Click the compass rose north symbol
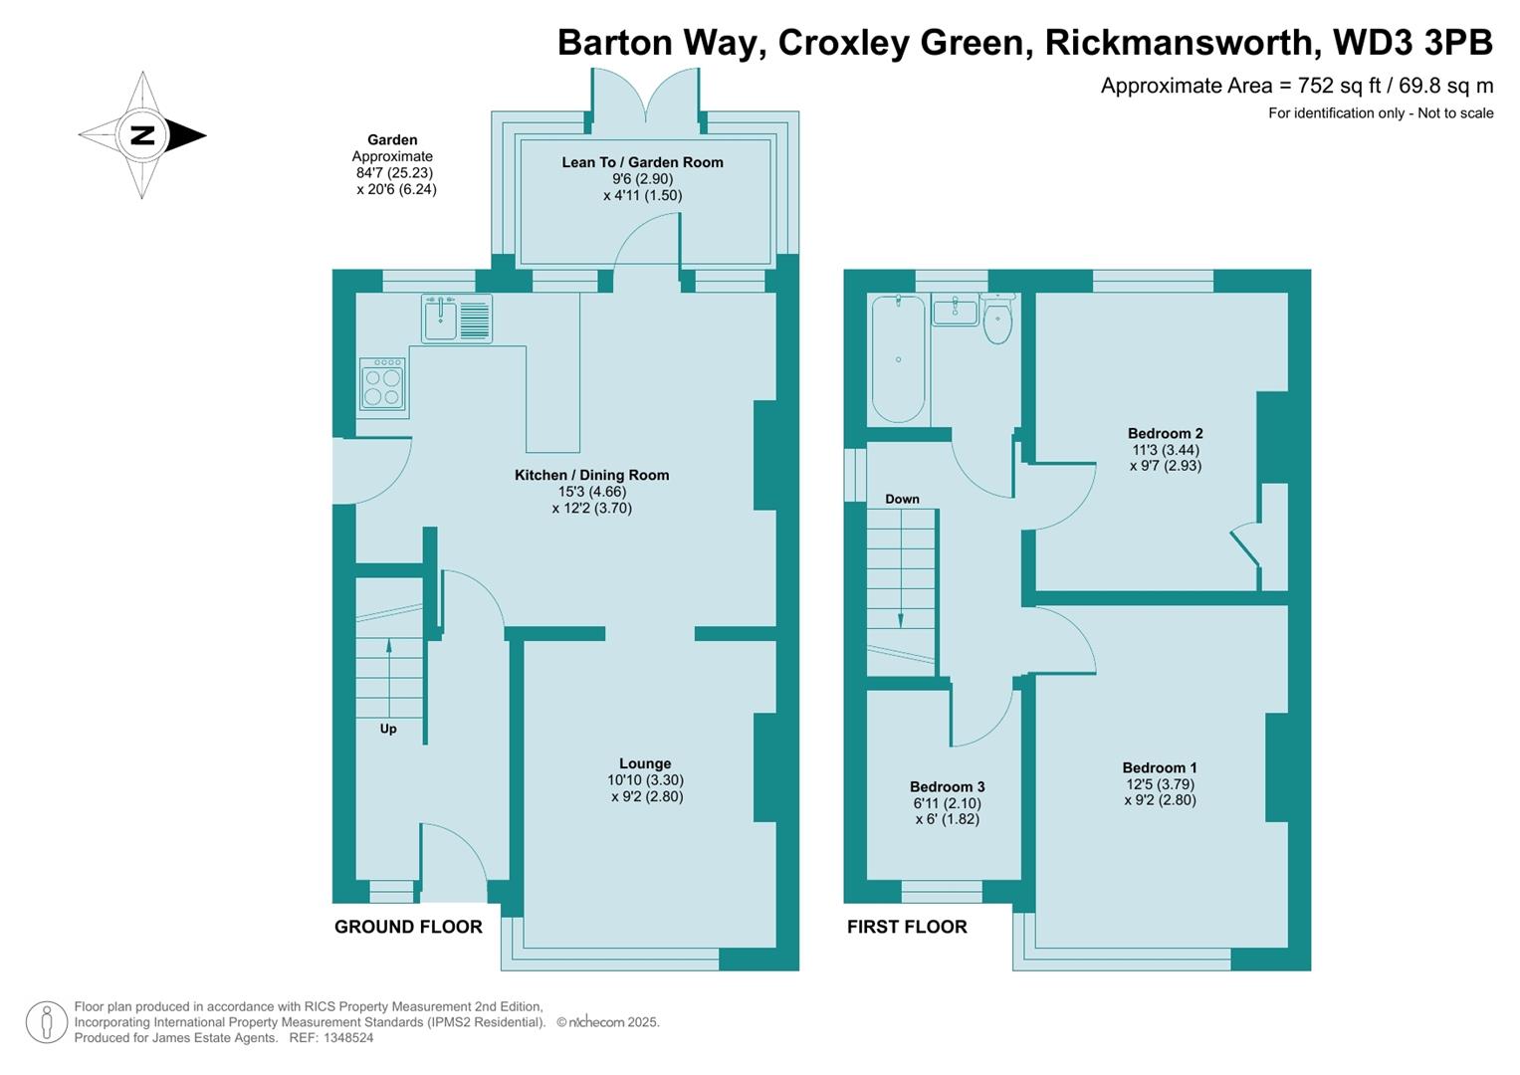142,135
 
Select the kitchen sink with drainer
457,320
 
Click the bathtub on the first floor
898,358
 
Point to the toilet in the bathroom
997,319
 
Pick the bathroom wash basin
956,311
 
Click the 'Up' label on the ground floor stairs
388,729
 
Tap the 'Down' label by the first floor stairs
902,499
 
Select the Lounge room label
645,763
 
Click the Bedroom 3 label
947,786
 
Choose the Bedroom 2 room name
1165,433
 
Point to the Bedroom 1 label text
1160,767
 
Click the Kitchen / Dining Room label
591,475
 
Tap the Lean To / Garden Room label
642,162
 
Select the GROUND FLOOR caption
408,927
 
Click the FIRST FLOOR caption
907,927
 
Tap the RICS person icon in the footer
46,1022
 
